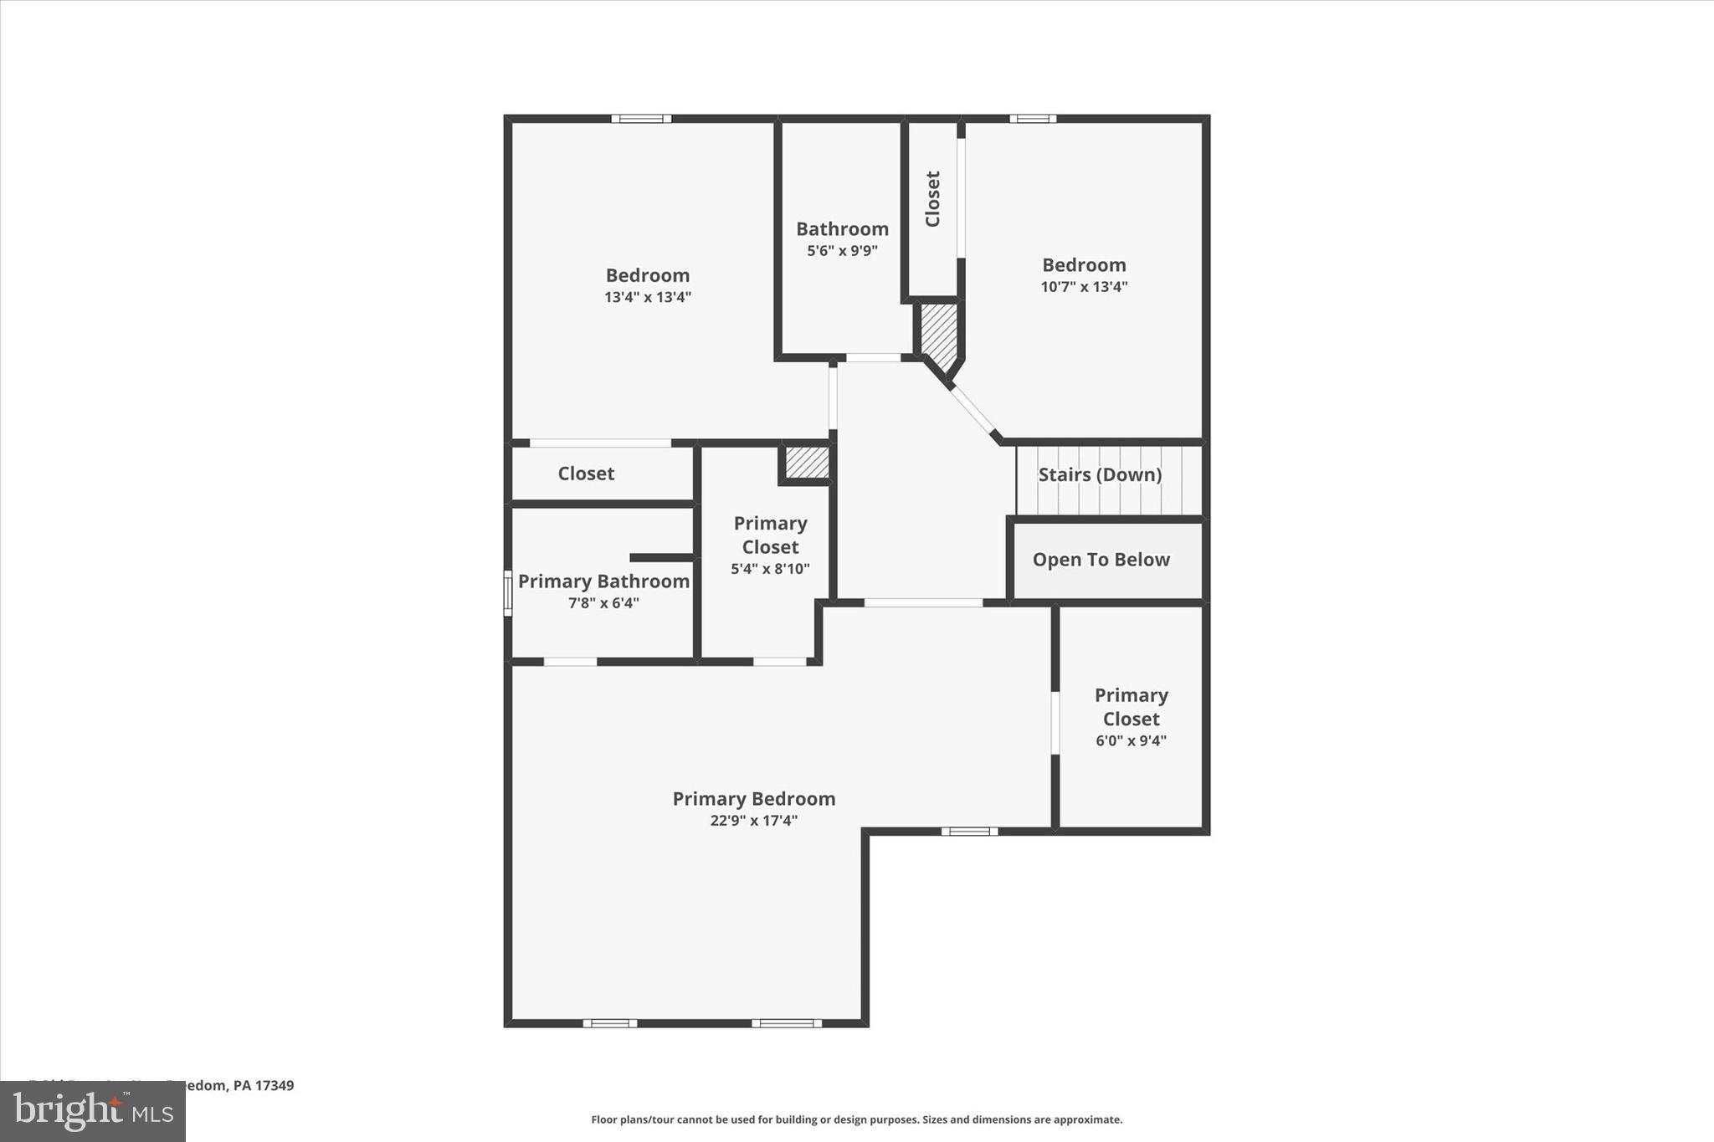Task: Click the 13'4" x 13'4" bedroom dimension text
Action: coord(648,297)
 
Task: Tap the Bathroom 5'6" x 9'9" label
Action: coord(842,238)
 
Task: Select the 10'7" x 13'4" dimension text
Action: coord(1084,287)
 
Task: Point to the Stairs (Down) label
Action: coord(1100,475)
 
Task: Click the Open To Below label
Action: coord(1101,560)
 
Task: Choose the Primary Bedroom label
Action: coord(754,799)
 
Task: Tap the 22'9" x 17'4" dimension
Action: coord(754,821)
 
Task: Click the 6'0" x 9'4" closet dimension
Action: coord(1131,740)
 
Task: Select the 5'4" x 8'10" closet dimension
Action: coord(770,569)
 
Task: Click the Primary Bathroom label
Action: coord(603,581)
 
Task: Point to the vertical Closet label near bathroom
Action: coord(932,199)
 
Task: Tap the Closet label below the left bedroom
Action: coord(586,474)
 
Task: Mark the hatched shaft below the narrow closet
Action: coord(939,335)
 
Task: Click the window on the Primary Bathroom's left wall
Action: coord(507,593)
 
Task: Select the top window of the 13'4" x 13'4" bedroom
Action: coord(641,119)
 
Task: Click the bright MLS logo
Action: coord(93,1111)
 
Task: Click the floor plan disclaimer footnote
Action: coord(856,1119)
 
